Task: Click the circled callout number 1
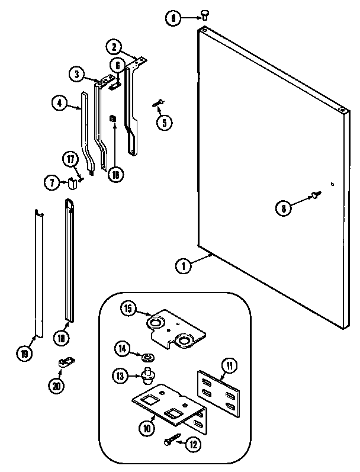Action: (x=184, y=266)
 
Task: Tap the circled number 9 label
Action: (x=173, y=19)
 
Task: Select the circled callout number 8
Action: (x=283, y=207)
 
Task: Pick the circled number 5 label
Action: (x=165, y=123)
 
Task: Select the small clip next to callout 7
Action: (x=72, y=183)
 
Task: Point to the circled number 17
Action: (x=71, y=159)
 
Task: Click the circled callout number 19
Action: (x=24, y=354)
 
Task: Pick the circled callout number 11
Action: (x=229, y=365)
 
